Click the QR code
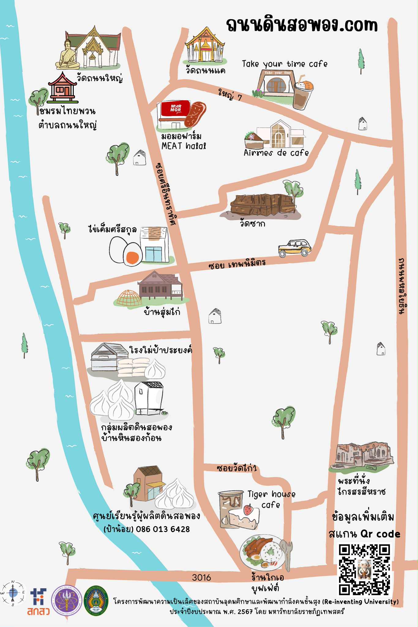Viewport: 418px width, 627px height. pos(364,569)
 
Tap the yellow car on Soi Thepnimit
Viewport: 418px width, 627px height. pos(294,248)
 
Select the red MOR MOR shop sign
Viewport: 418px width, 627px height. pos(176,108)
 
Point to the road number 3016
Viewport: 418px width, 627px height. pos(201,577)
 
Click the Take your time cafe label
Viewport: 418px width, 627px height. pos(285,64)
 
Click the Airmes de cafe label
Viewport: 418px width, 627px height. pos(276,153)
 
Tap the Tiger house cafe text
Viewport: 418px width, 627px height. pos(271,499)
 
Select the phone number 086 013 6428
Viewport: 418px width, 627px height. pos(163,529)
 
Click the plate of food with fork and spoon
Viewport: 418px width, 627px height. pos(263,552)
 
